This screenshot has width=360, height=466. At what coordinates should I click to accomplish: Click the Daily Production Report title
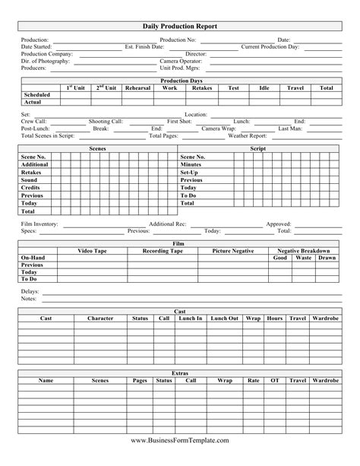[x=180, y=26]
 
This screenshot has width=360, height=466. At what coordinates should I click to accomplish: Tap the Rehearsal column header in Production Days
[x=137, y=88]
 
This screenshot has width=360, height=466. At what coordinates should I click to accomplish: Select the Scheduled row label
[x=33, y=95]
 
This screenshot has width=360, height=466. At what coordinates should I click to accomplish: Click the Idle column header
[x=264, y=88]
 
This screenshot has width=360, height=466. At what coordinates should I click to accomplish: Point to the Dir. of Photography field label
[x=47, y=61]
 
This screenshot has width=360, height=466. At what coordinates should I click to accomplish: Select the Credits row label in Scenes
[x=30, y=187]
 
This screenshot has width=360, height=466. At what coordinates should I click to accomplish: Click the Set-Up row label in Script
[x=189, y=173]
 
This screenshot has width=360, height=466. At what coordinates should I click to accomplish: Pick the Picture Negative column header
[x=233, y=251]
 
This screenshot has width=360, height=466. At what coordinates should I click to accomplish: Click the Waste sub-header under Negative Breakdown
[x=303, y=258]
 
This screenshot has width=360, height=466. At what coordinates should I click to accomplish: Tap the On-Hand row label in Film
[x=33, y=258]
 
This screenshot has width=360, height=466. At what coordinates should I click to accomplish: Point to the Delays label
[x=30, y=291]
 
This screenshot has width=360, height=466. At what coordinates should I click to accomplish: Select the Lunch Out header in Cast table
[x=224, y=318]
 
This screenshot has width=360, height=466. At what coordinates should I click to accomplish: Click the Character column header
[x=100, y=318]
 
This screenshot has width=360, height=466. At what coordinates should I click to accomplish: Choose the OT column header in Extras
[x=275, y=379]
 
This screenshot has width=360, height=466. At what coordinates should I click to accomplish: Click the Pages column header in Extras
[x=140, y=379]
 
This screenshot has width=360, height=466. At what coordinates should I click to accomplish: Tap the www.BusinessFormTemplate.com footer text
[x=180, y=440]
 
